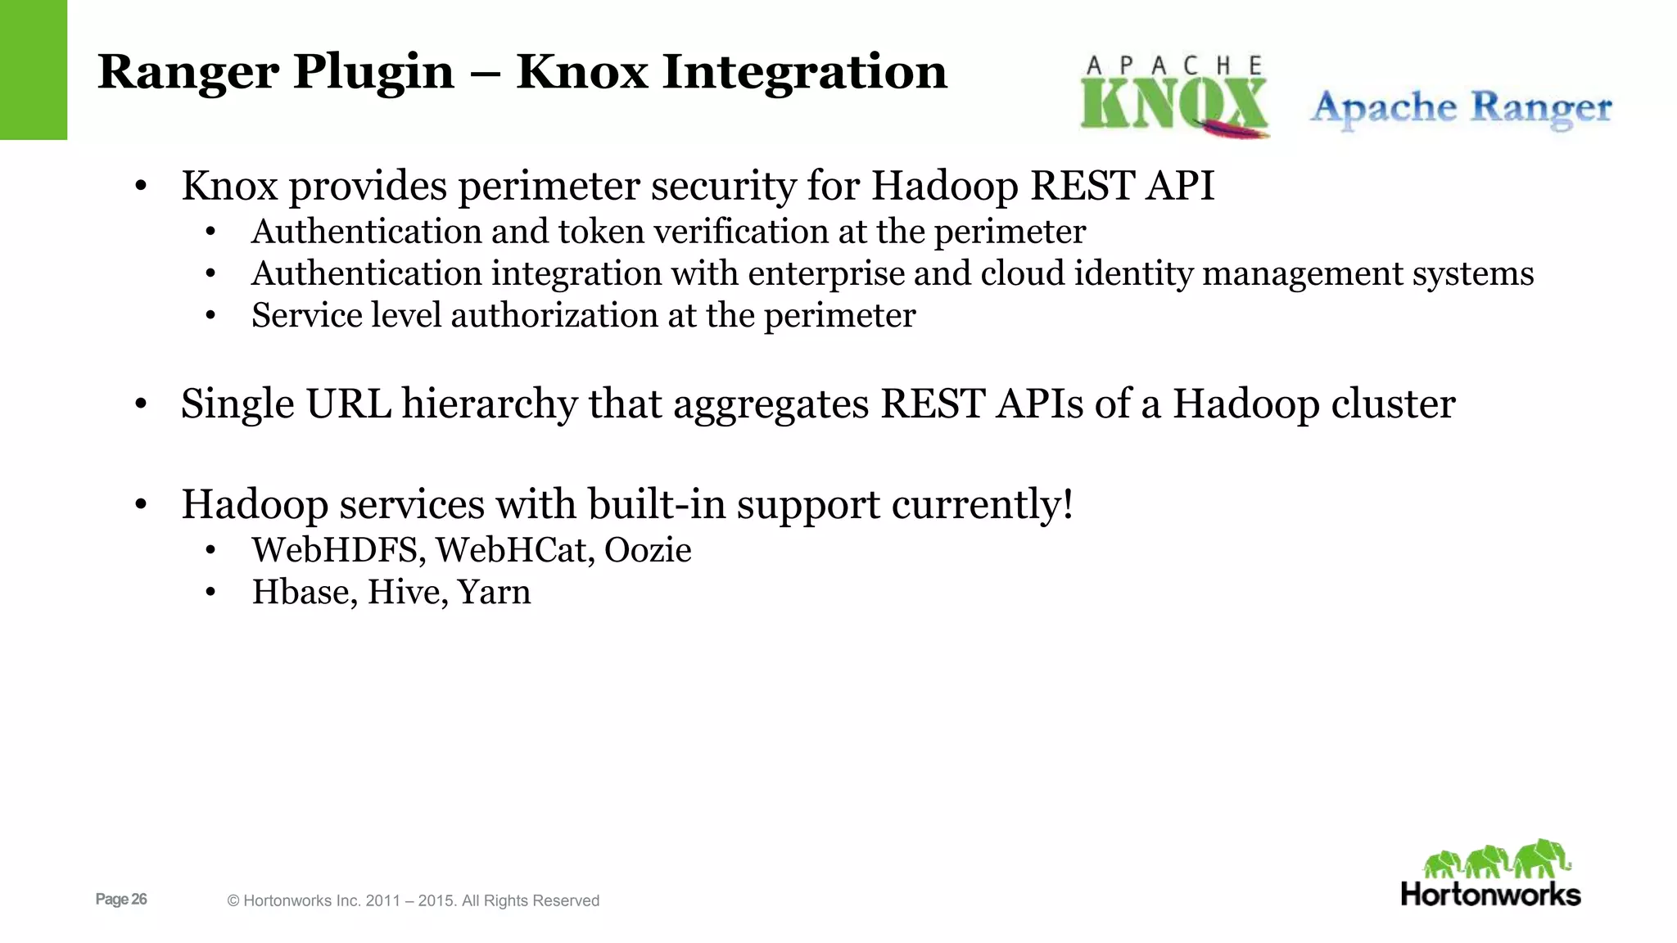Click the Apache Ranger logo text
(1461, 108)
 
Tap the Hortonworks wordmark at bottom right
(1490, 894)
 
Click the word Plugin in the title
(373, 72)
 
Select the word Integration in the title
(804, 72)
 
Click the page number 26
(139, 899)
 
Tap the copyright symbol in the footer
(233, 901)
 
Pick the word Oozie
(648, 550)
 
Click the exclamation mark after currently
(1067, 504)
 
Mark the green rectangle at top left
(33, 70)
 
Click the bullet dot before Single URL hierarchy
(141, 404)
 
